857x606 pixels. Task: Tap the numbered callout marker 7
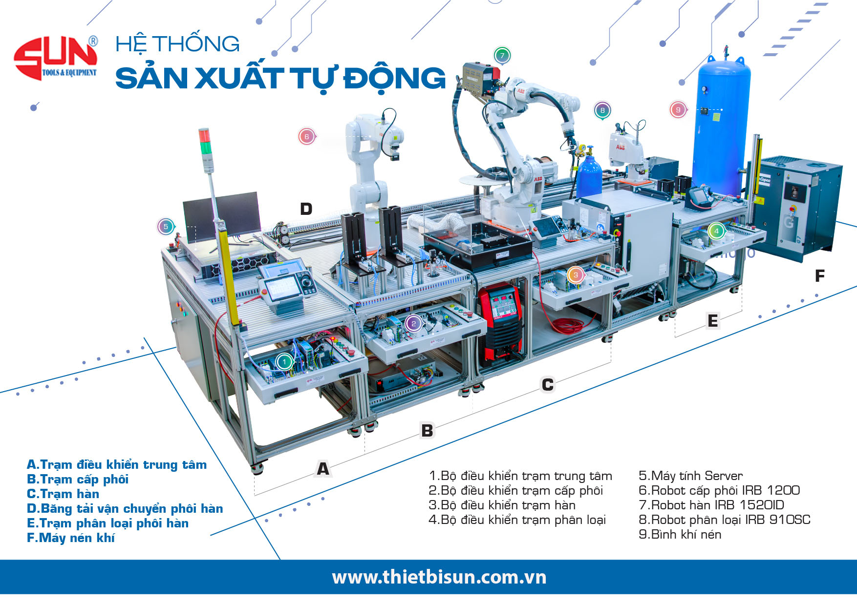coord(502,55)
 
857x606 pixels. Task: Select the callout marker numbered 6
coord(306,136)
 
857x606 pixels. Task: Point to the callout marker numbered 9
coord(678,110)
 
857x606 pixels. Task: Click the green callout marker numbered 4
coord(716,231)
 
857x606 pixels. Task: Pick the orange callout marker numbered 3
coord(576,275)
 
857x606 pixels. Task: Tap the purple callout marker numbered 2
coord(413,323)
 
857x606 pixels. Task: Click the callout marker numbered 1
coord(284,362)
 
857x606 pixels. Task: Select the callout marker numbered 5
coord(166,227)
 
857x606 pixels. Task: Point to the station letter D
coord(306,209)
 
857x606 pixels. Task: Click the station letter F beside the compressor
coord(820,276)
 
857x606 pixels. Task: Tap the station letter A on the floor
coord(323,469)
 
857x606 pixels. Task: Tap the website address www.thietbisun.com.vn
coord(439,577)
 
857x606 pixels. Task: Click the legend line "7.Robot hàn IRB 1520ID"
coord(711,505)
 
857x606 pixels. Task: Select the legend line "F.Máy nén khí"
coord(71,538)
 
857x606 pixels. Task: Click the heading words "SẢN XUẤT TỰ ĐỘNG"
coord(280,78)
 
